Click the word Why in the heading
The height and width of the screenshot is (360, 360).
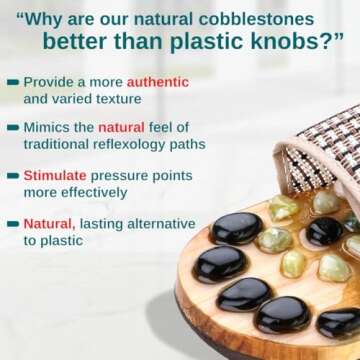pos(51,19)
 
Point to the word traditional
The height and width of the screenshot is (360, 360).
pos(60,144)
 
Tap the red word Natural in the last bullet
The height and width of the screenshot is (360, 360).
pos(48,223)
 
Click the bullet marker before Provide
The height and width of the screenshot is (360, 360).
pos(12,81)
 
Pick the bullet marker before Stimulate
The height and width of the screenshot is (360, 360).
pos(12,175)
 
